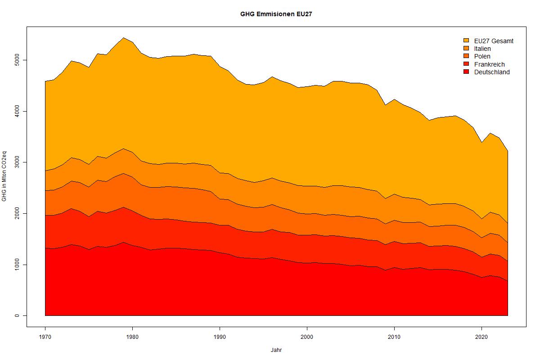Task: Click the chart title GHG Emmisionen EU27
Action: pyautogui.click(x=276, y=14)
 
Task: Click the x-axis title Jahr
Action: pyautogui.click(x=276, y=350)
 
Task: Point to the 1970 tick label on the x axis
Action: pyautogui.click(x=45, y=336)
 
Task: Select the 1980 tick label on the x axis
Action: pyautogui.click(x=132, y=336)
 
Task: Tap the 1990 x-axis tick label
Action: pyautogui.click(x=220, y=336)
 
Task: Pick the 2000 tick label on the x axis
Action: pyautogui.click(x=307, y=336)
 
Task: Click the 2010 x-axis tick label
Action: pyautogui.click(x=394, y=336)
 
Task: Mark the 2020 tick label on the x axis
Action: pyautogui.click(x=481, y=336)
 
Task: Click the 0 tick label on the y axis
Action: pyautogui.click(x=17, y=315)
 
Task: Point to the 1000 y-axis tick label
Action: pyautogui.click(x=17, y=265)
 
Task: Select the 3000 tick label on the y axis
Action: pyautogui.click(x=17, y=162)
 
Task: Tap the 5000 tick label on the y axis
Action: pyautogui.click(x=17, y=60)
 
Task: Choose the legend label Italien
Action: pyautogui.click(x=482, y=49)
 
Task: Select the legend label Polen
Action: pyautogui.click(x=482, y=56)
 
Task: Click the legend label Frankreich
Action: pyautogui.click(x=489, y=64)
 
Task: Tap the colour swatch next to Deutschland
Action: pyautogui.click(x=466, y=72)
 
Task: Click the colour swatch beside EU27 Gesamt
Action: pyautogui.click(x=466, y=40)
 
